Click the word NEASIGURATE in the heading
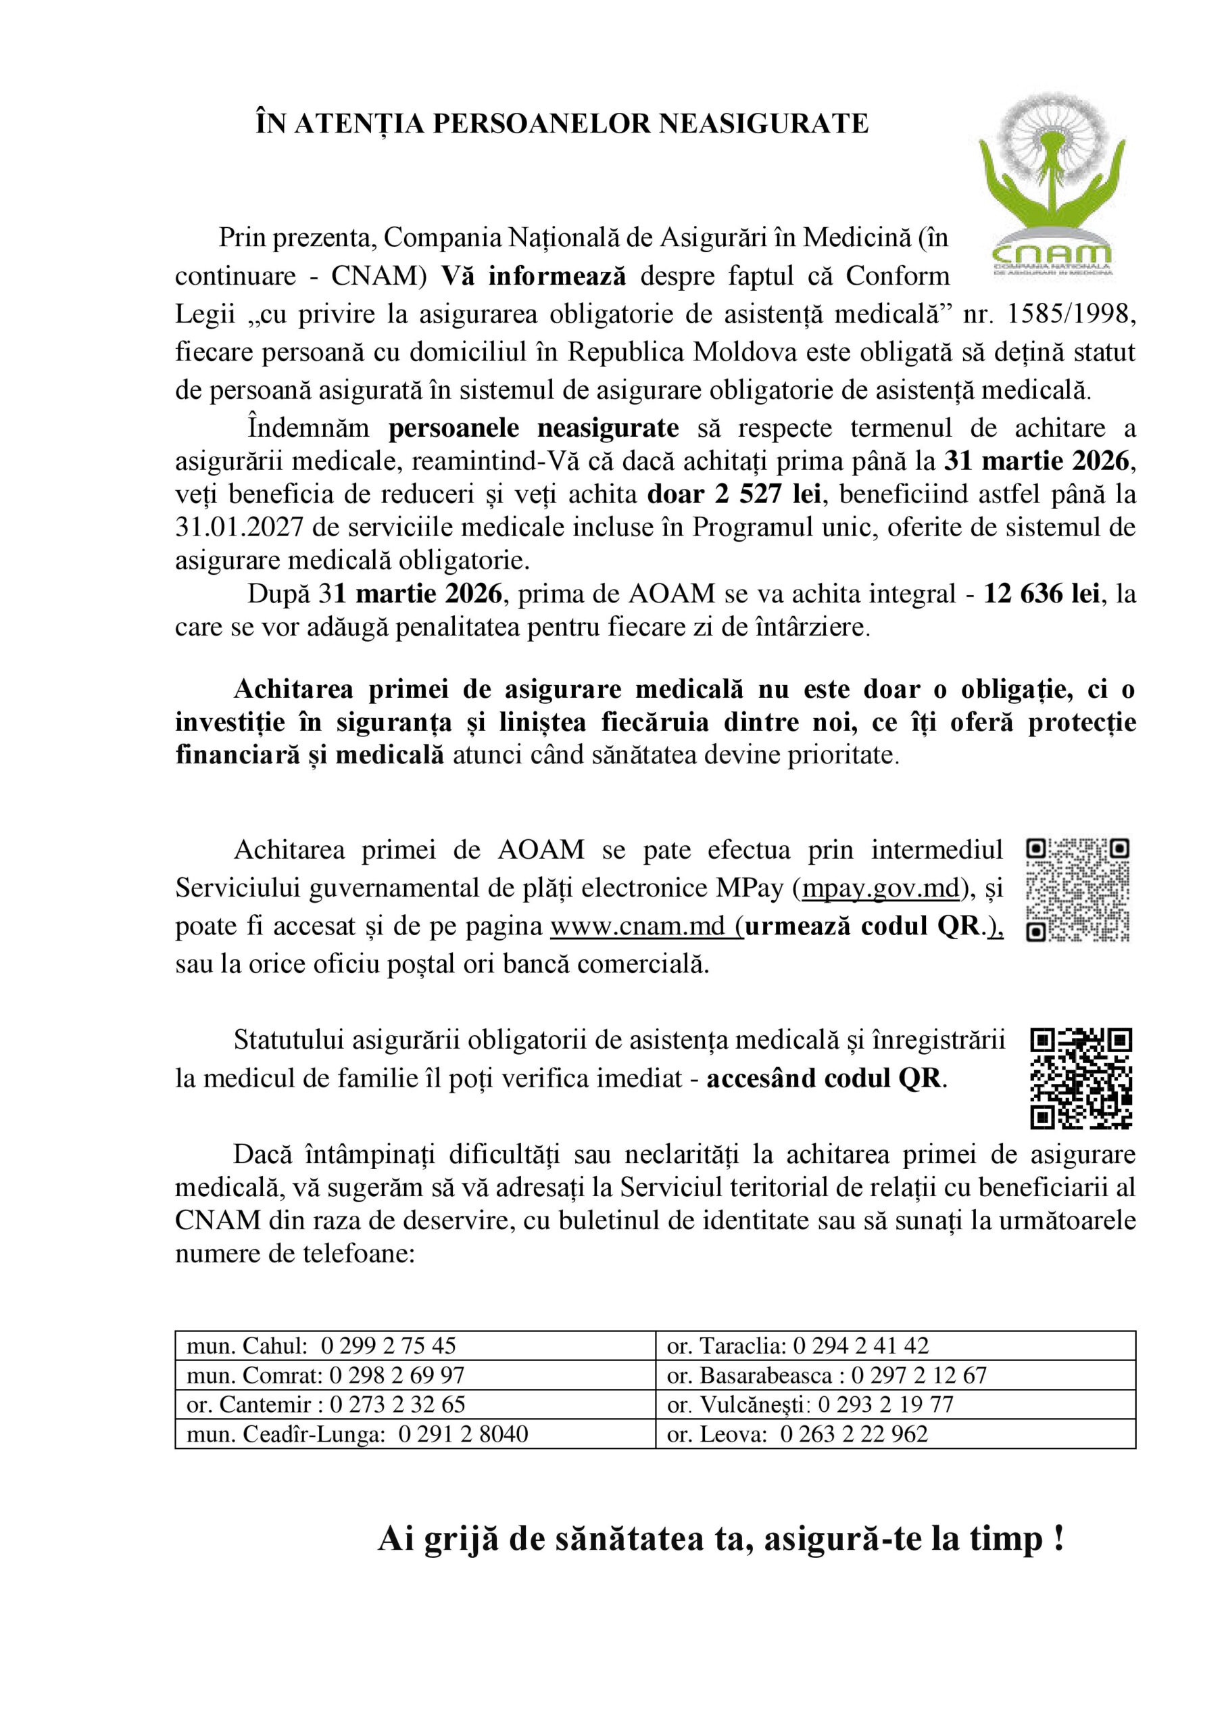click(764, 124)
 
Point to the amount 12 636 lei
click(1041, 594)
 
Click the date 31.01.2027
click(239, 527)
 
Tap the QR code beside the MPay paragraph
click(1078, 890)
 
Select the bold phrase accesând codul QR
click(825, 1079)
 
